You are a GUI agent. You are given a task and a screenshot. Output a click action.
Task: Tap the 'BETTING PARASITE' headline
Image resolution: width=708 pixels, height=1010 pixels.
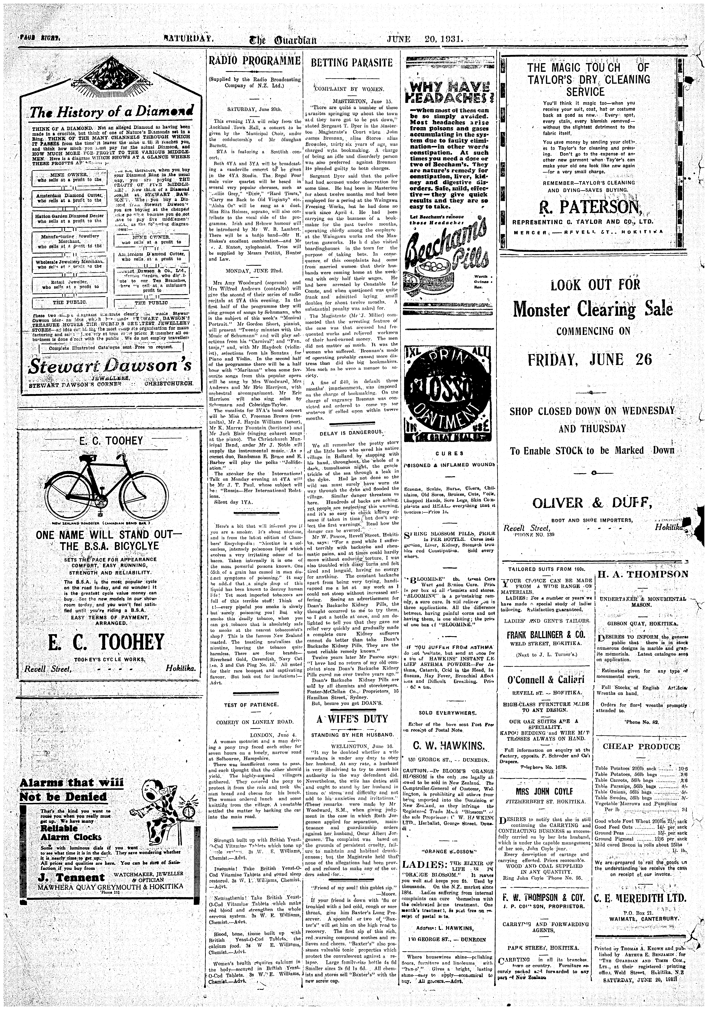(x=351, y=62)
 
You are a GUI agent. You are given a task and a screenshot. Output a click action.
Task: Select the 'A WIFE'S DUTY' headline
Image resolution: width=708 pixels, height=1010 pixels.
(x=352, y=719)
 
